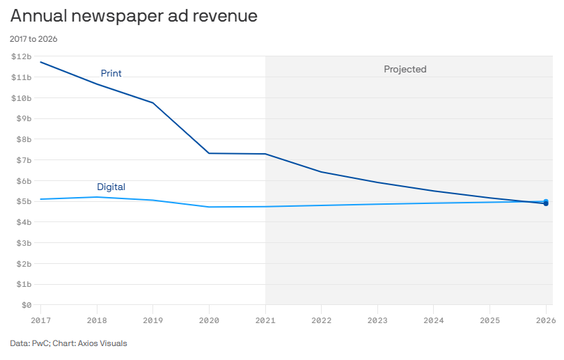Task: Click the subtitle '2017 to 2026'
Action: point(33,39)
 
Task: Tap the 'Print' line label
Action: point(111,73)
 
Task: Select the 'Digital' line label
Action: point(111,187)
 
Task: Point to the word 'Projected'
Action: point(405,69)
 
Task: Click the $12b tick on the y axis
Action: point(21,56)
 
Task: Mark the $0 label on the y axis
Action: point(26,305)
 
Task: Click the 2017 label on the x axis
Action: point(40,320)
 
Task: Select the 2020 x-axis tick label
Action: point(209,320)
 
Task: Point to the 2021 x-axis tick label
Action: point(265,320)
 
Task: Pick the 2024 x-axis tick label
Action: point(433,320)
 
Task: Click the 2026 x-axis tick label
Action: point(545,320)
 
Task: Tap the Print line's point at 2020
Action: point(209,153)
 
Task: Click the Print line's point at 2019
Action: point(153,103)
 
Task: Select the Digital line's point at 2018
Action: point(97,197)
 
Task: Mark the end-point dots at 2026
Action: point(546,203)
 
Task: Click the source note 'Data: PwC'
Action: point(29,343)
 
